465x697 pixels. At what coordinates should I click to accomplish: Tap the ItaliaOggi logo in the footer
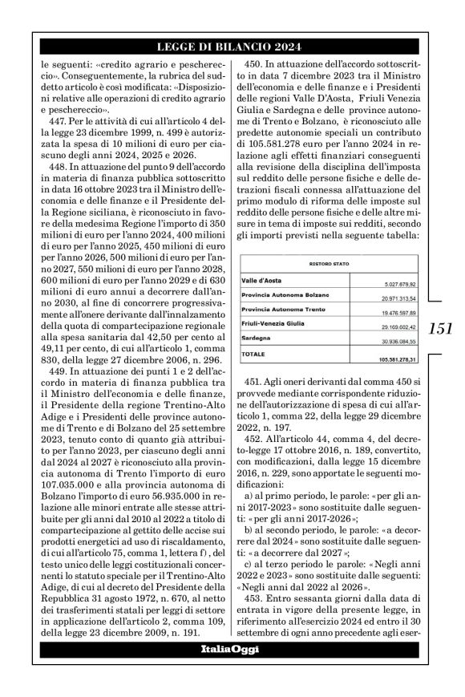(x=232, y=670)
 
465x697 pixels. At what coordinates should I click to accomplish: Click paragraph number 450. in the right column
(x=257, y=62)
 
